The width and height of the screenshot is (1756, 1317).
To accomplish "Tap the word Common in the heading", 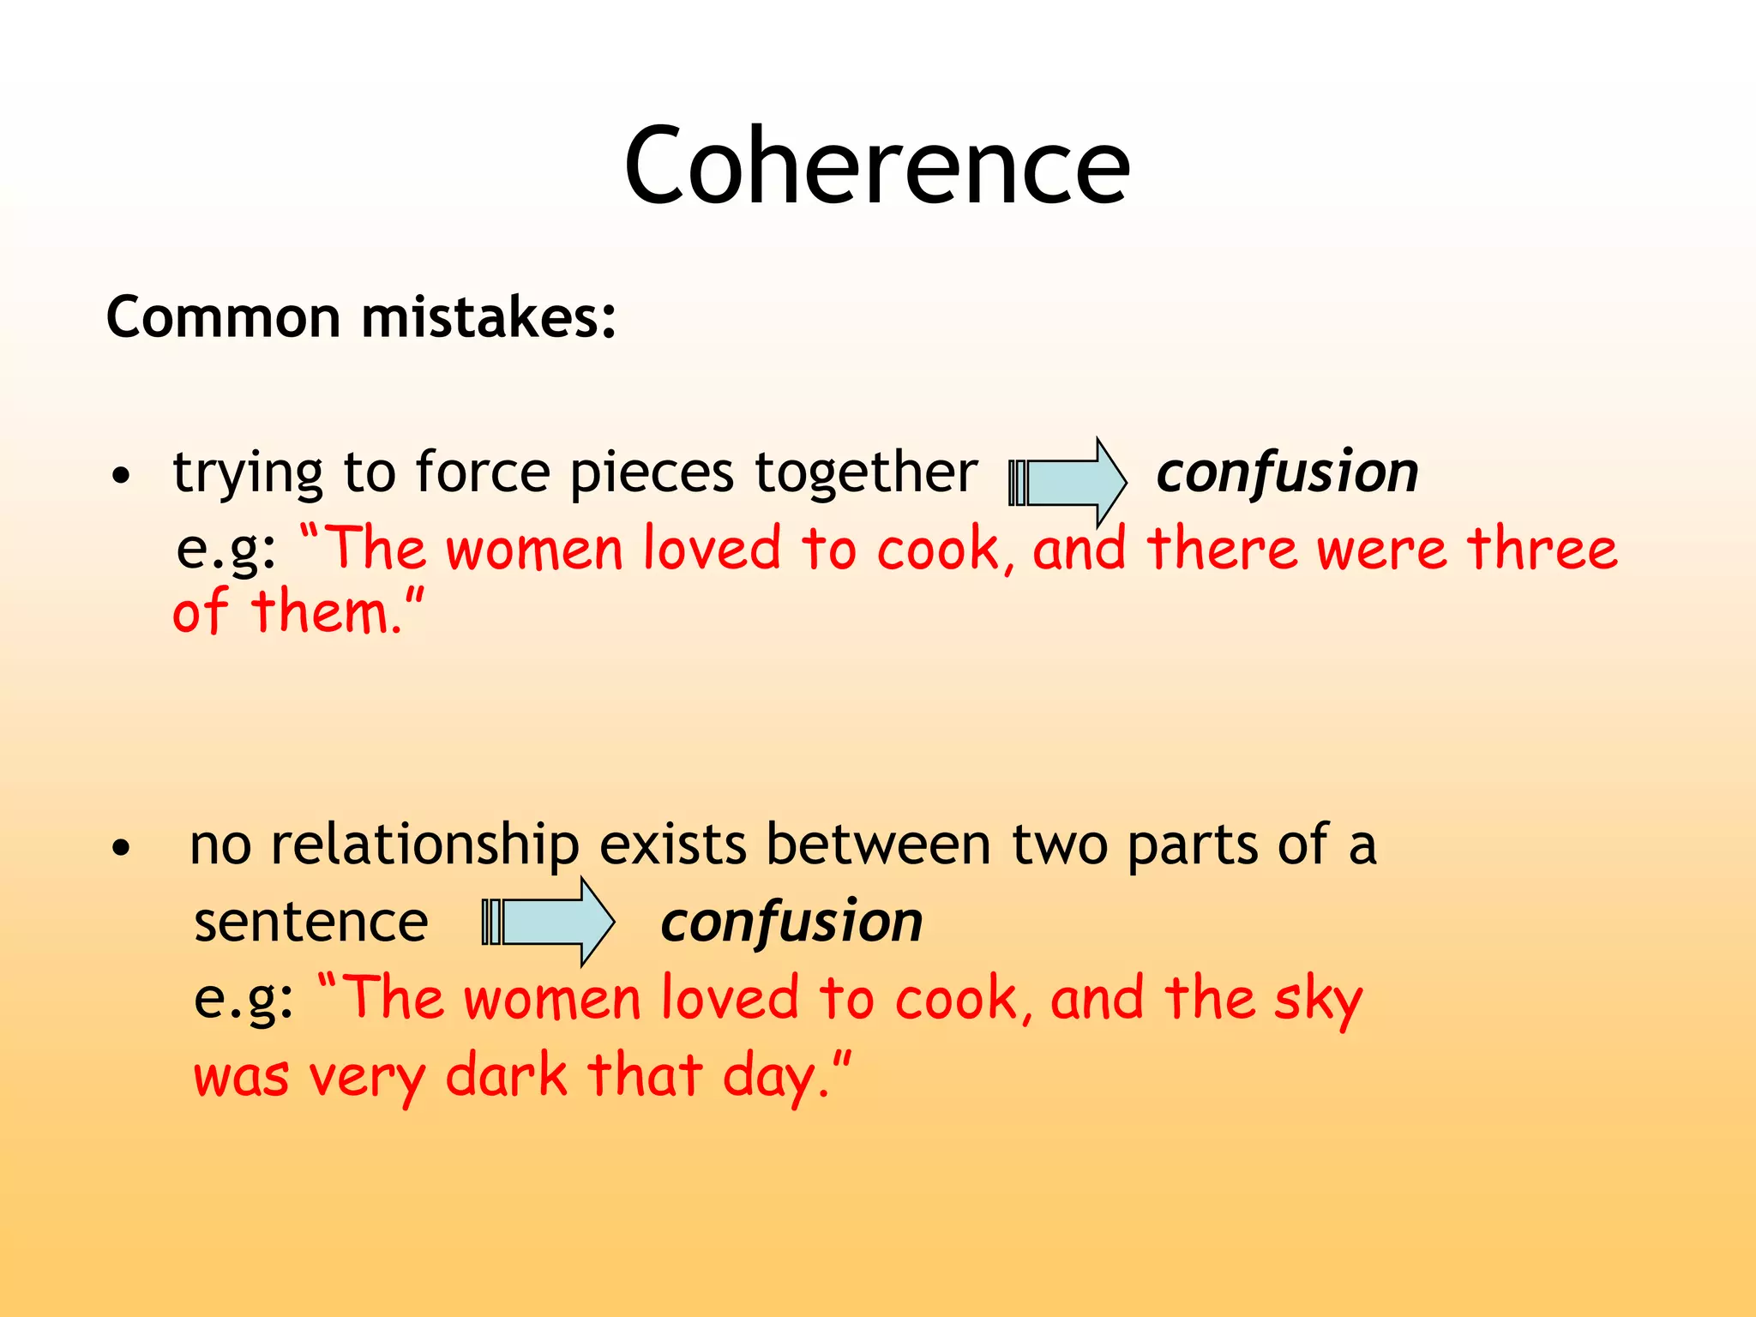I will (224, 317).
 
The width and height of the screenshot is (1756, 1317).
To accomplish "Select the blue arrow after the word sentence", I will (549, 922).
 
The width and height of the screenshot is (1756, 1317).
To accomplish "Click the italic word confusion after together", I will (1287, 472).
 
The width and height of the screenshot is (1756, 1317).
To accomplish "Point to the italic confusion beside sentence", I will (791, 923).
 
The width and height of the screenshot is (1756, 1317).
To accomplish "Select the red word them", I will (326, 612).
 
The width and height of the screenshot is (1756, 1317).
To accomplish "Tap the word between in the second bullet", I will (878, 845).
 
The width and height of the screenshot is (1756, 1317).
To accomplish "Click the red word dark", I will (507, 1075).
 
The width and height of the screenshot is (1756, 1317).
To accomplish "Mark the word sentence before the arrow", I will (310, 923).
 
